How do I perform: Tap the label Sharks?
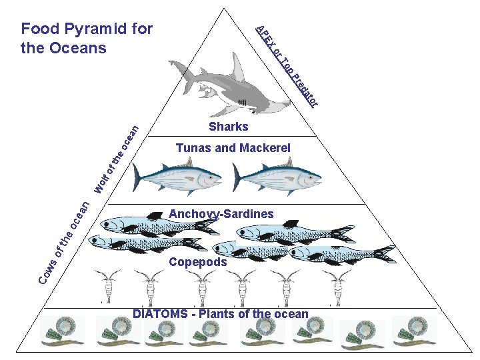pyautogui.click(x=228, y=127)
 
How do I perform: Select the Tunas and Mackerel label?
pyautogui.click(x=233, y=148)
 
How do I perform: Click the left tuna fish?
pyautogui.click(x=177, y=177)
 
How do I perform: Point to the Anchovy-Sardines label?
pyautogui.click(x=221, y=214)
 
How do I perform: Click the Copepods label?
pyautogui.click(x=198, y=262)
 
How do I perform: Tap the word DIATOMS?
pyautogui.click(x=157, y=314)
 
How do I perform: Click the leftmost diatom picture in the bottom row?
pyautogui.click(x=62, y=331)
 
